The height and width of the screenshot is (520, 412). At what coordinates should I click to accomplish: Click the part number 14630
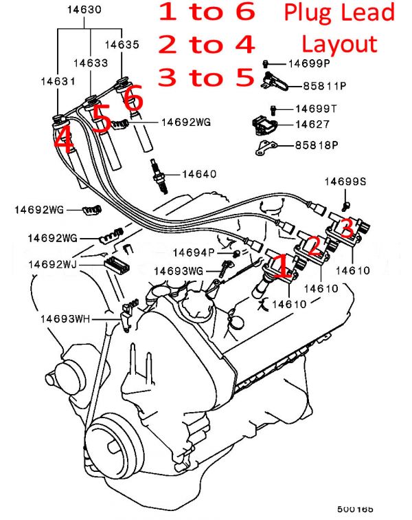tap(85, 10)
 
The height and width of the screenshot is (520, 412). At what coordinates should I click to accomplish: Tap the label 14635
tap(122, 44)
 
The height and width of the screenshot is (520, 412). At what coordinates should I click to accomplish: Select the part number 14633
tap(91, 63)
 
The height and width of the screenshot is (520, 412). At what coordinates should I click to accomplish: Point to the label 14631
tap(57, 80)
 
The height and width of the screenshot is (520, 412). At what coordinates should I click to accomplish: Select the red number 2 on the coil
tap(314, 246)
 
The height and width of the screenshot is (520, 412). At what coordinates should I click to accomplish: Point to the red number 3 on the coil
tap(347, 226)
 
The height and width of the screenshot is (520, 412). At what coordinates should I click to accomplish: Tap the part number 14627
tap(312, 124)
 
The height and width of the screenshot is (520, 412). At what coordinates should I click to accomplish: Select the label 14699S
tap(346, 182)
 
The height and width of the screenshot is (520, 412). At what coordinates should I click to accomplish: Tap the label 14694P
tap(194, 252)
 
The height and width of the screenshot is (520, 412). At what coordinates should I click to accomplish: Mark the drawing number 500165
tap(355, 510)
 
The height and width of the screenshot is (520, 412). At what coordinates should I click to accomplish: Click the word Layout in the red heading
tap(339, 44)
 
